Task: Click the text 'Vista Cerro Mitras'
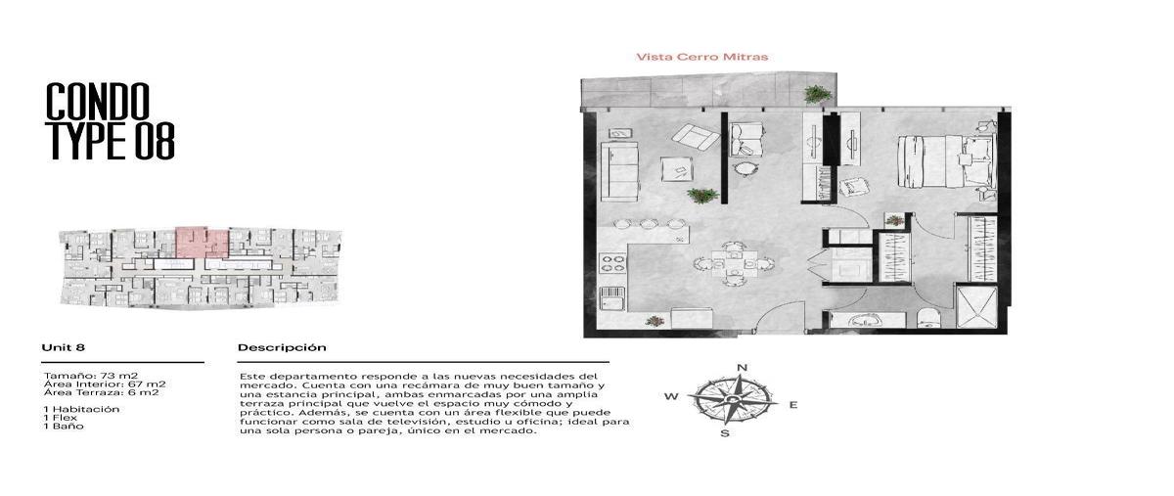[x=701, y=57]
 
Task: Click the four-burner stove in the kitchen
[x=612, y=263]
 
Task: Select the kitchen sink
[x=612, y=298]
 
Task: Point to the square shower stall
[x=977, y=306]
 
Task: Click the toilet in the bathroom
[x=929, y=318]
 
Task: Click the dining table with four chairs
[x=734, y=263]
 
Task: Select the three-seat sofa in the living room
[x=619, y=171]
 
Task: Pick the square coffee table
[x=677, y=169]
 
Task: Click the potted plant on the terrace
[x=818, y=94]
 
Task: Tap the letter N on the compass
[x=743, y=367]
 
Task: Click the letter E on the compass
[x=793, y=405]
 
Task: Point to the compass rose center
[x=732, y=400]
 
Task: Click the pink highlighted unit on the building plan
[x=202, y=243]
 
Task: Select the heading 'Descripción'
[x=282, y=347]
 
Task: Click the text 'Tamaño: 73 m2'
[x=91, y=376]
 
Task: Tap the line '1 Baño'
[x=64, y=426]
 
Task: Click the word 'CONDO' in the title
[x=98, y=101]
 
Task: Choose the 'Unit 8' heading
[x=63, y=347]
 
